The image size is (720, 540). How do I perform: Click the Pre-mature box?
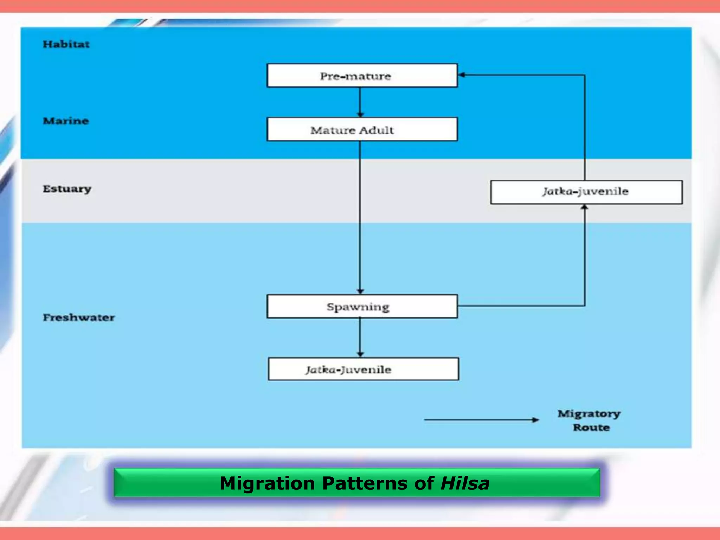(x=362, y=76)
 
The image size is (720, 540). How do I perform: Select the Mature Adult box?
(x=362, y=130)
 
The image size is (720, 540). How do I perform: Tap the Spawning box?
(x=362, y=307)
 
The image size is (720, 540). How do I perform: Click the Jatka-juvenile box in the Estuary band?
(x=586, y=192)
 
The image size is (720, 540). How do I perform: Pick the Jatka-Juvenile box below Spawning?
(x=363, y=369)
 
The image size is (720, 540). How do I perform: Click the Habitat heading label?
(x=66, y=44)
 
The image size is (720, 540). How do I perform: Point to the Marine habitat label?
(x=66, y=121)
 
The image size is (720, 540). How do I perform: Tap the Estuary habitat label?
(x=67, y=189)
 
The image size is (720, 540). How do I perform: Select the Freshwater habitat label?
(x=79, y=317)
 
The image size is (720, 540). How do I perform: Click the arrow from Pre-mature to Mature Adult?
(x=360, y=102)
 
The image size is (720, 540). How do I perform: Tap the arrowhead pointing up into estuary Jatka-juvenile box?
(x=584, y=207)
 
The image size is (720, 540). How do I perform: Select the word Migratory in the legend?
(x=589, y=414)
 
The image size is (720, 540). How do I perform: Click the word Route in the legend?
(x=591, y=427)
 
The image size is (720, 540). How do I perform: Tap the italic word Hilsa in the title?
(x=465, y=483)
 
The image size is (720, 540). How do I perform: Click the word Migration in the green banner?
(x=267, y=483)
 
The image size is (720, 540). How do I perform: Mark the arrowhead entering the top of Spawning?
(x=360, y=291)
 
